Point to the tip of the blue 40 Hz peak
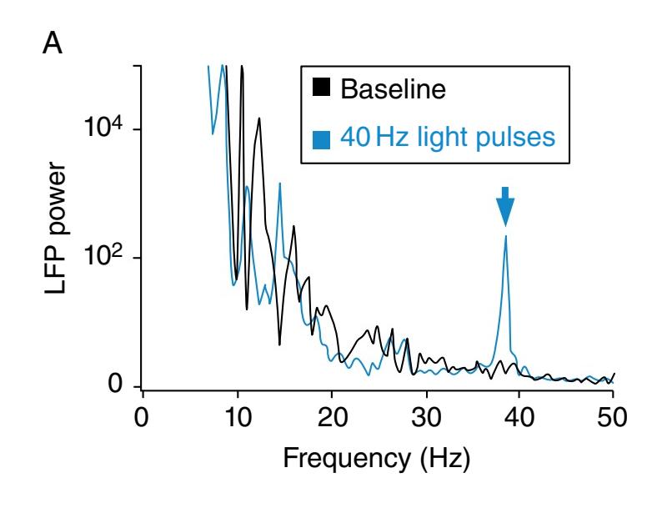tap(505, 237)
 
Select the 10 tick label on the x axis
tap(238, 414)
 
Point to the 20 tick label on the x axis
tap(332, 414)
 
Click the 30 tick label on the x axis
tap(426, 414)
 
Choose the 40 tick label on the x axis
tap(520, 414)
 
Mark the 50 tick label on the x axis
tap(614, 414)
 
